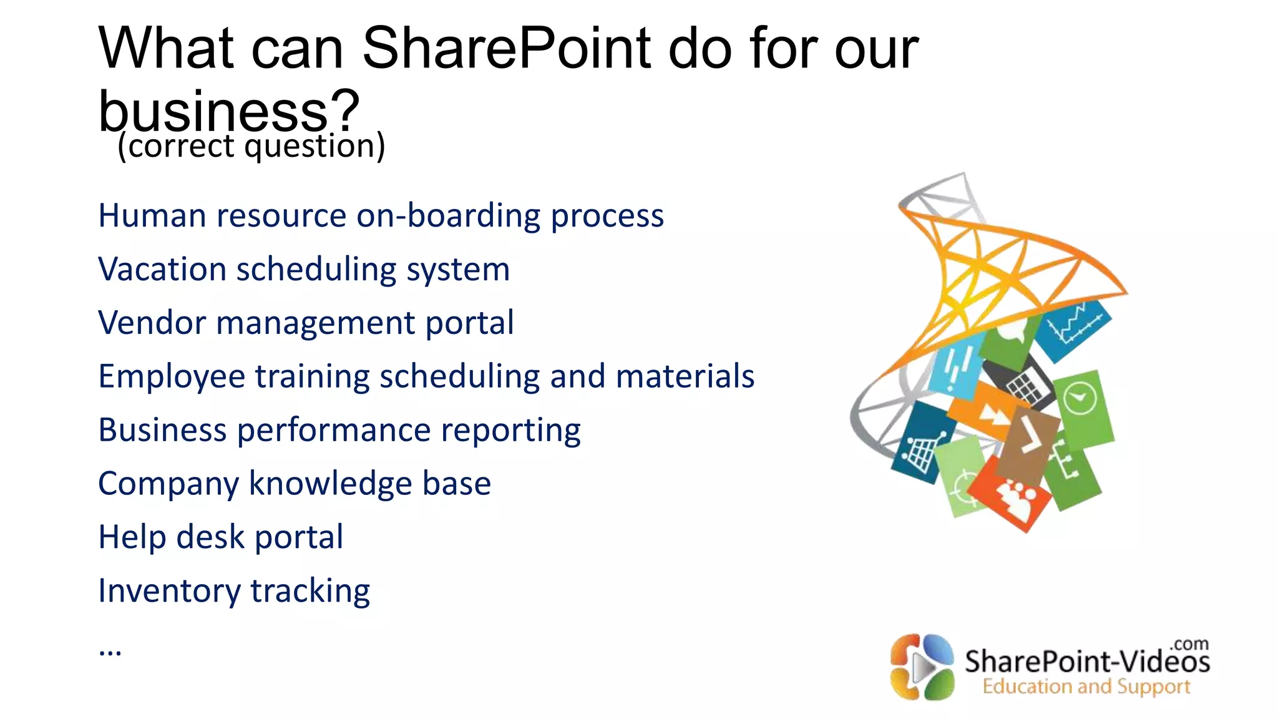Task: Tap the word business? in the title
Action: (228, 110)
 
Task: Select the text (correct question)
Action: (251, 147)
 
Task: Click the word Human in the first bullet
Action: (152, 216)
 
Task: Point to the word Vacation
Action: (162, 270)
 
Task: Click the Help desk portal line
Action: (220, 537)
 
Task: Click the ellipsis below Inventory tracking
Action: (110, 651)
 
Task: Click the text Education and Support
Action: (1086, 687)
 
